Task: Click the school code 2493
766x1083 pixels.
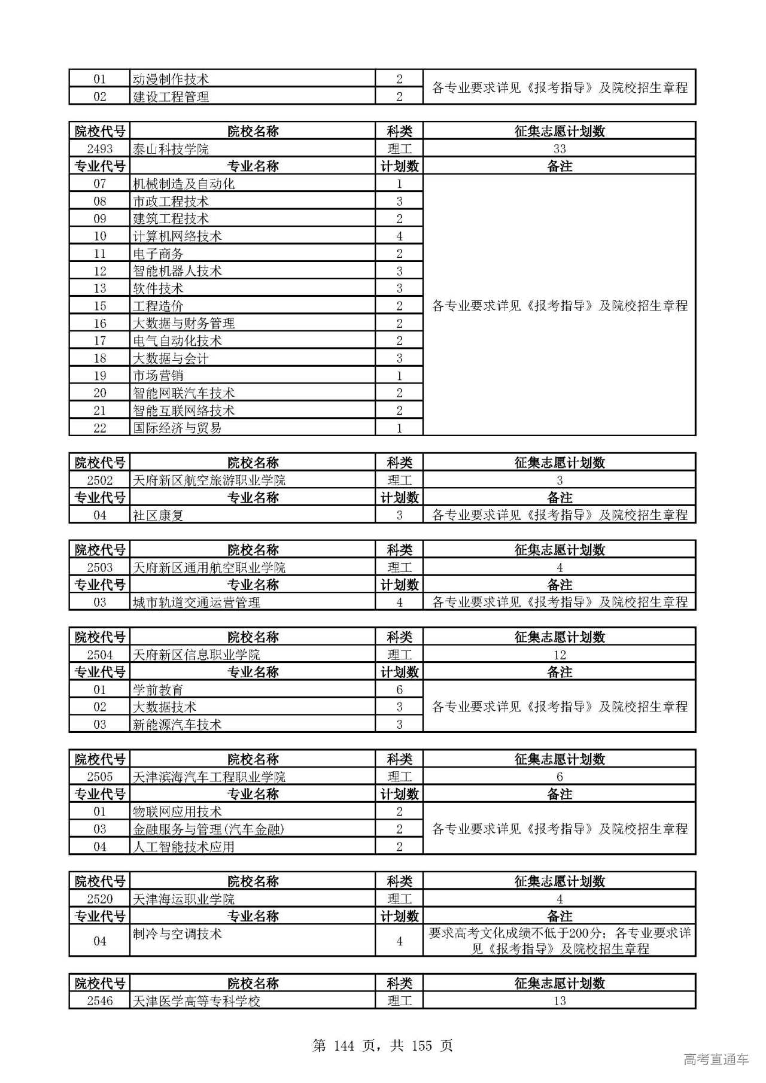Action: (99, 149)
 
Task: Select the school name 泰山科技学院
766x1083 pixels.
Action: (171, 149)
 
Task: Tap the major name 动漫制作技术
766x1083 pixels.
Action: (171, 79)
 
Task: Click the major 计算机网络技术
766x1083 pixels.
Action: (177, 236)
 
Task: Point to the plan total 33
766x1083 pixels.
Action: (559, 149)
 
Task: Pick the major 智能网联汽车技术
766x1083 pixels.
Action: (183, 393)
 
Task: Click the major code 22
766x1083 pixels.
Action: (99, 428)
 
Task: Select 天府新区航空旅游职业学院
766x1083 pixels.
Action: (209, 480)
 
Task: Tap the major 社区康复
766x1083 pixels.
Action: (158, 515)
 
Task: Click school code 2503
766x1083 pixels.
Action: (99, 567)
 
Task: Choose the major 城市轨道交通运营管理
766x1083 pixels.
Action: (196, 603)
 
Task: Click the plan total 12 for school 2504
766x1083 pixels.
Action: (559, 655)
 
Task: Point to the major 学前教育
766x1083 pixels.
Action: (158, 690)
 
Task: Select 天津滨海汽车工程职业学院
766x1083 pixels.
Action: (209, 777)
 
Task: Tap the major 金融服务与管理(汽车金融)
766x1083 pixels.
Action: (208, 829)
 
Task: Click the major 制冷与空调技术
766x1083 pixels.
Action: (177, 934)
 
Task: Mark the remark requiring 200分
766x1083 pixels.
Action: (559, 941)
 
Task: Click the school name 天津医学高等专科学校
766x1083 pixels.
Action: (196, 1001)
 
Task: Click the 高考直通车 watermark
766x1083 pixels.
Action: (716, 1059)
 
